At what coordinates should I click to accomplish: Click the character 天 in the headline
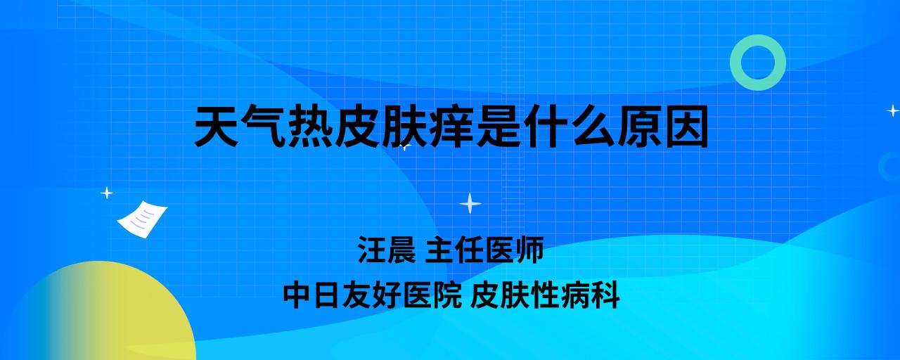click(217, 127)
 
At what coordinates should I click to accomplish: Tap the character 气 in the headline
click(264, 127)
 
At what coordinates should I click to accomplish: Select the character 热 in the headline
click(311, 127)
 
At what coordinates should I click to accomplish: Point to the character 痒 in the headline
click(452, 127)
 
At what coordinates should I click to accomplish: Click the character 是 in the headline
click(499, 127)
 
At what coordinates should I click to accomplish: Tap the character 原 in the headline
click(640, 127)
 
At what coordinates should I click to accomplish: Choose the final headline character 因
click(687, 127)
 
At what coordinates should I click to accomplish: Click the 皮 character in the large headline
click(358, 127)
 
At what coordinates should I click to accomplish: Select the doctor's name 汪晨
click(387, 250)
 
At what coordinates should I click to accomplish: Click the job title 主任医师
click(484, 250)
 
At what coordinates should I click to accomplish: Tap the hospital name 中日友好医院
click(373, 296)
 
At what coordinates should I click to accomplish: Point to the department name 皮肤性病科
click(545, 296)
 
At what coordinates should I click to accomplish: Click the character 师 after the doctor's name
click(529, 250)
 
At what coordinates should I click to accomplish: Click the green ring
click(735, 63)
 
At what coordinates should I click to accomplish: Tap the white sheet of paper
click(142, 219)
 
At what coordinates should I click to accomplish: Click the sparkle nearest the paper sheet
click(107, 193)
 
